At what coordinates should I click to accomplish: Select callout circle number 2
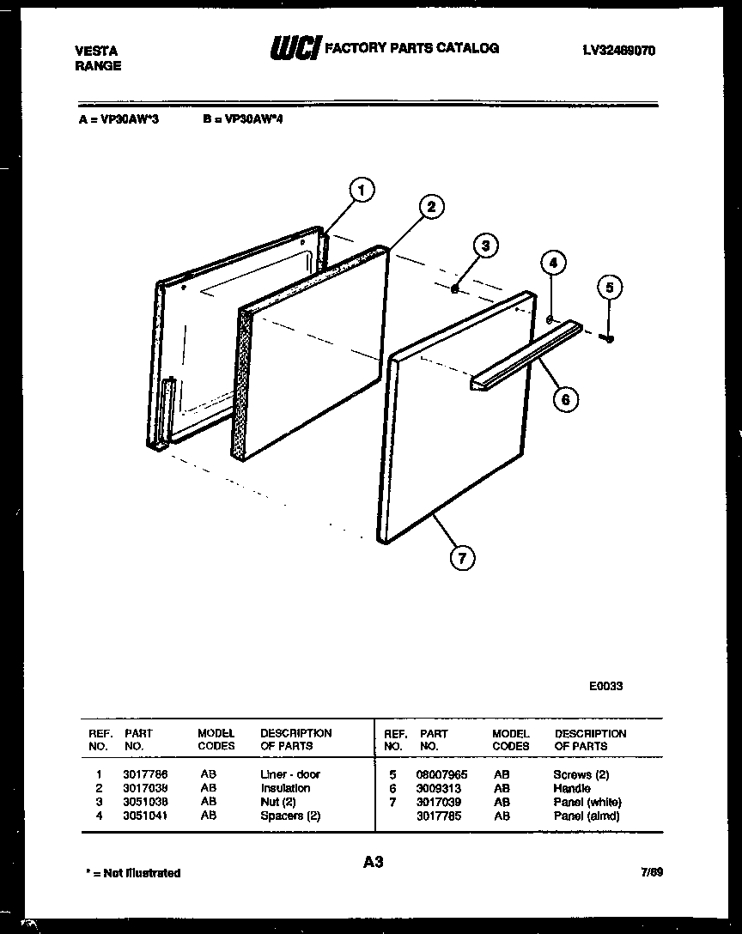pos(431,206)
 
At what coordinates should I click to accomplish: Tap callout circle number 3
pos(485,246)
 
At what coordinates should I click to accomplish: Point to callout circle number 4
pos(553,263)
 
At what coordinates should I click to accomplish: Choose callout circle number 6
pos(565,398)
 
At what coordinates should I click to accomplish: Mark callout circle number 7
pos(462,558)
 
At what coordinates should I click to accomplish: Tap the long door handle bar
pos(524,356)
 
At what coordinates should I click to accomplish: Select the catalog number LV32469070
pos(618,51)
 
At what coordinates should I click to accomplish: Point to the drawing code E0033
pos(605,686)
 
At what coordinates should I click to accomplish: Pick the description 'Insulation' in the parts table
pos(285,788)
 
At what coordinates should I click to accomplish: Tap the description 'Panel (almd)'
pos(587,816)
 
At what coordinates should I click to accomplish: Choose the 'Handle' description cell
pos(572,788)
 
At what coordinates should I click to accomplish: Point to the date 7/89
pos(651,872)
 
